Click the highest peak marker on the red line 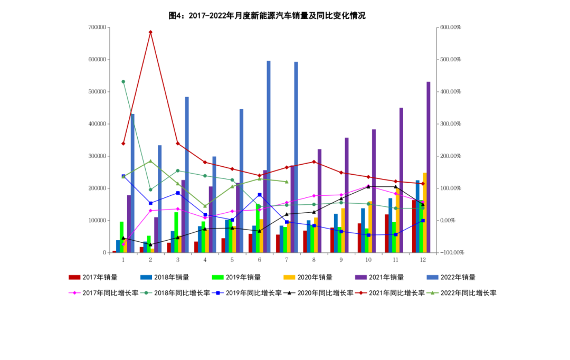click(x=150, y=32)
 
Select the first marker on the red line click(x=123, y=144)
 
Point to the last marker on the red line click(x=422, y=184)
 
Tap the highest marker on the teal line click(x=123, y=82)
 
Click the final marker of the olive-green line click(x=287, y=182)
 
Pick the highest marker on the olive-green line click(x=150, y=161)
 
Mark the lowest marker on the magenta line click(x=123, y=244)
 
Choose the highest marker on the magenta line click(x=368, y=185)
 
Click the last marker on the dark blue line click(x=423, y=221)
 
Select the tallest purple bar click(x=429, y=167)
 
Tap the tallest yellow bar click(x=424, y=212)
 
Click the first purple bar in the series click(x=128, y=224)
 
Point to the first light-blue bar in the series click(x=133, y=183)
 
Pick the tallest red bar click(x=414, y=226)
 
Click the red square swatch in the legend click(x=74, y=278)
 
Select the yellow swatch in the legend click(x=289, y=278)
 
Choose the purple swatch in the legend click(x=361, y=278)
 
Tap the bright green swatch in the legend click(x=217, y=278)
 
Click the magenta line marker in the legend click(x=74, y=293)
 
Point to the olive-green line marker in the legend click(x=433, y=293)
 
